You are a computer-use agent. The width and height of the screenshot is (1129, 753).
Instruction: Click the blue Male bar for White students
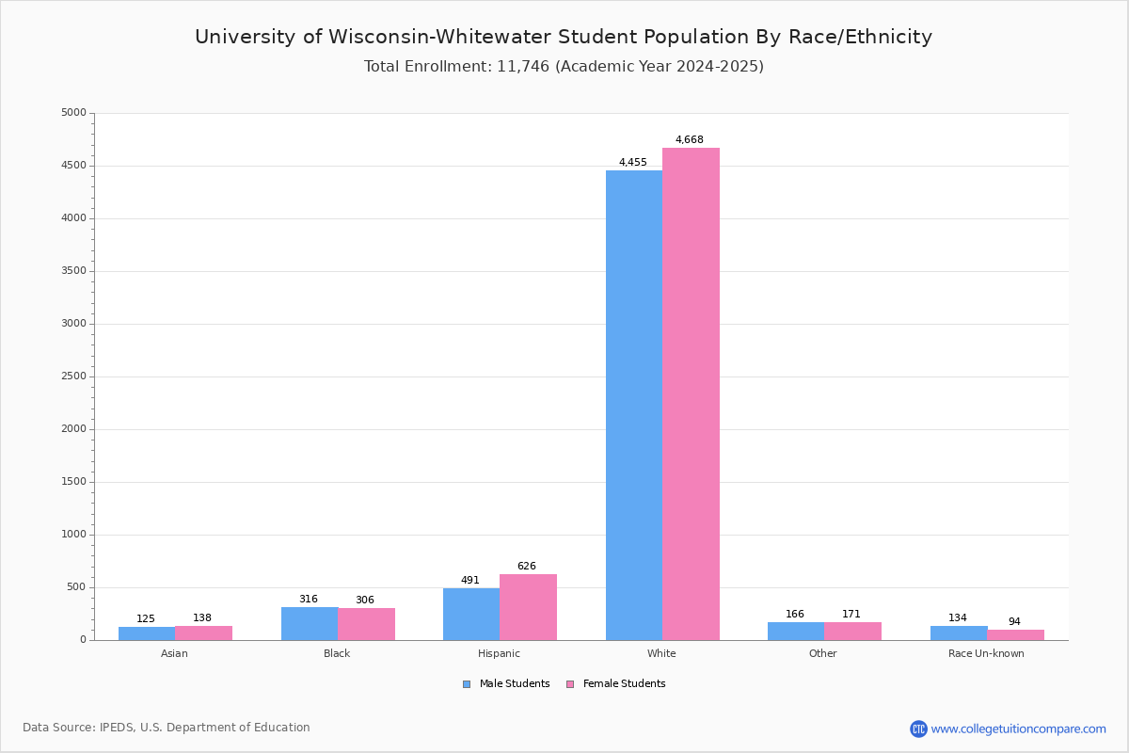tap(634, 406)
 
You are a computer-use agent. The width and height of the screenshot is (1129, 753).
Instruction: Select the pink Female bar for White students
tap(691, 393)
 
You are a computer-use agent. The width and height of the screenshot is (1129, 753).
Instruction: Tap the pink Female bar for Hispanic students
tap(528, 607)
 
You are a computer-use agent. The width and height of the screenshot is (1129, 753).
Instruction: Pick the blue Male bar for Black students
tap(310, 624)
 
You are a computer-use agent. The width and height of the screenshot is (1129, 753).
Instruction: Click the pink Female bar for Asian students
tap(203, 633)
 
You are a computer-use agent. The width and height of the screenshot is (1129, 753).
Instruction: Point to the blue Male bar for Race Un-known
tap(959, 633)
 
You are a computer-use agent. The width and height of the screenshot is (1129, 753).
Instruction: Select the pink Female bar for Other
tap(852, 632)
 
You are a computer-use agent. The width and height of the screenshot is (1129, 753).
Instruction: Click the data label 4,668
tap(689, 139)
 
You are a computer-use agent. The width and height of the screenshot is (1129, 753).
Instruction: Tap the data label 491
tap(469, 580)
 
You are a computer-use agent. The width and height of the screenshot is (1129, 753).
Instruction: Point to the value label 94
tap(1014, 621)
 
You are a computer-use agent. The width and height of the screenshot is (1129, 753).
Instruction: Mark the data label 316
tap(308, 599)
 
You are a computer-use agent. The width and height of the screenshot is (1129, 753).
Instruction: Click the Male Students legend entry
tap(506, 683)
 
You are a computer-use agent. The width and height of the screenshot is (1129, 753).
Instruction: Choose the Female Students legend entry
tap(616, 683)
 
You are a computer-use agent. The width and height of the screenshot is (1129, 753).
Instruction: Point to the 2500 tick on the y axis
tap(73, 376)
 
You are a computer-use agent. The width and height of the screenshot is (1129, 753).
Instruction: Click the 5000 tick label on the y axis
tap(73, 112)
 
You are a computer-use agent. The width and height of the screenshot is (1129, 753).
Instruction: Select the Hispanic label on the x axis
tap(499, 653)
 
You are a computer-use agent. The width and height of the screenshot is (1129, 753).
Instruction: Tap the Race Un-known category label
tap(986, 653)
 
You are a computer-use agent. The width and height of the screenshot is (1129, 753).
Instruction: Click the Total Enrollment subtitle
tap(564, 66)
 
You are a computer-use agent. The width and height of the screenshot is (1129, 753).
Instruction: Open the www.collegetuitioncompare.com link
tap(1018, 729)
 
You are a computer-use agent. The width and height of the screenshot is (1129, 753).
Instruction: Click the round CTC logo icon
tap(918, 729)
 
